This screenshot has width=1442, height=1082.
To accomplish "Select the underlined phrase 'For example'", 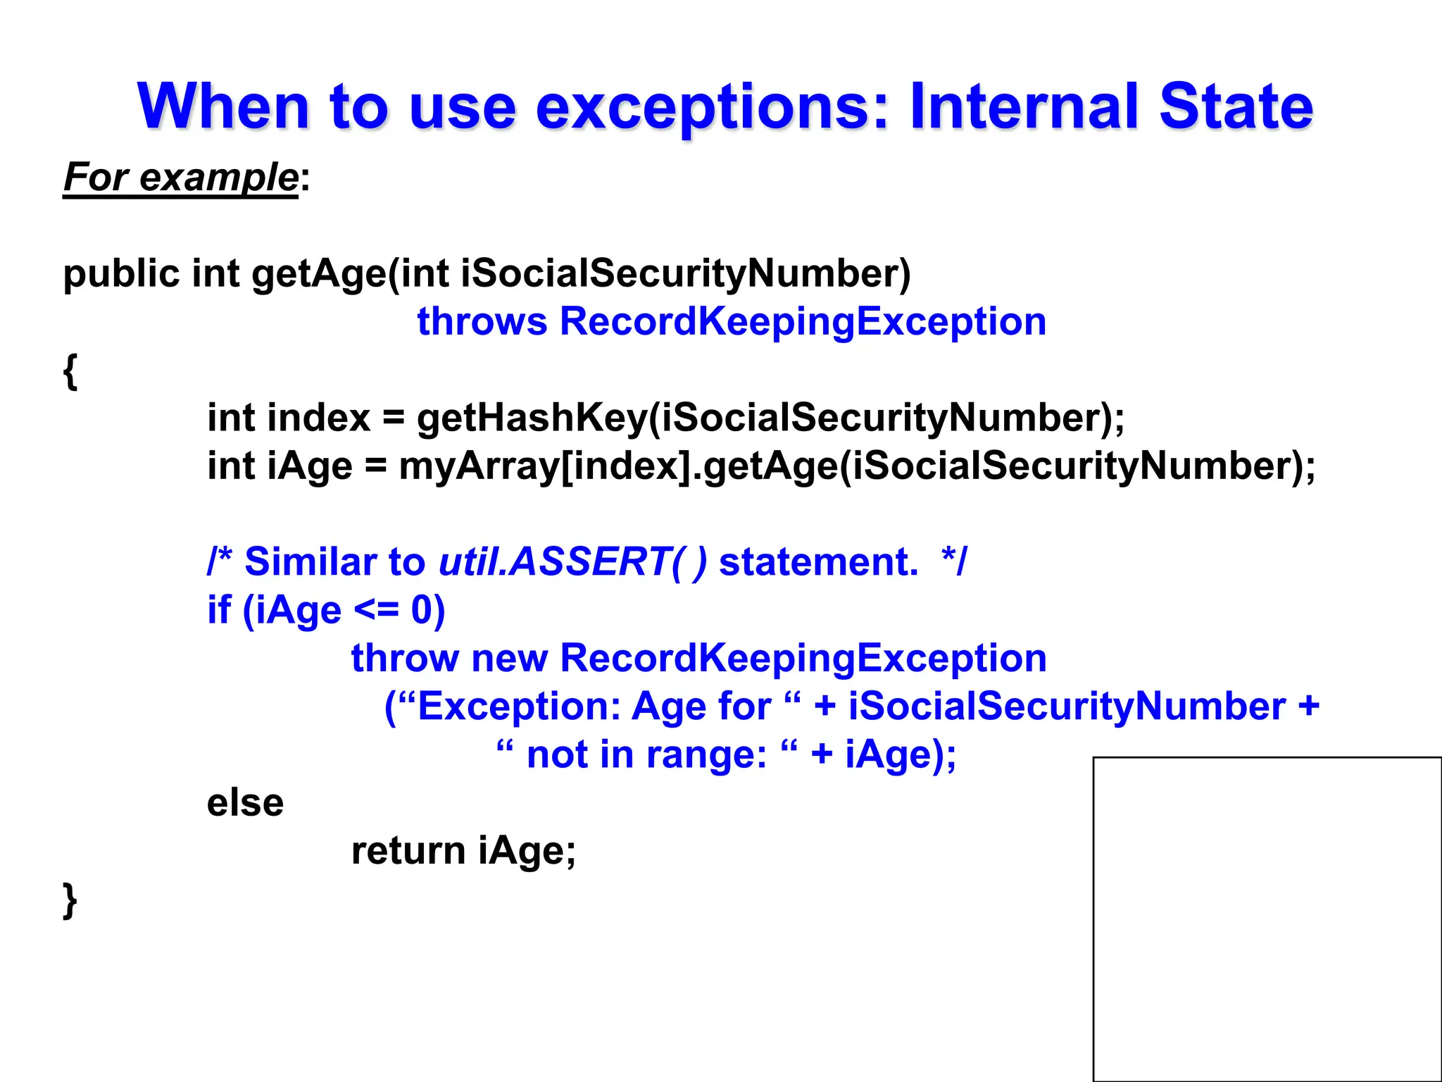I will click(x=181, y=177).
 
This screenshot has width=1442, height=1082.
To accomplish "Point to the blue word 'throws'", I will click(x=482, y=321).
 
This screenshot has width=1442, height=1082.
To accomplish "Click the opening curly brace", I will click(x=70, y=371).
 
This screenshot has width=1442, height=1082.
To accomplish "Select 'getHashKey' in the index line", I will click(x=532, y=418).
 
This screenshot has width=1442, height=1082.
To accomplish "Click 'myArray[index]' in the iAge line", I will click(x=545, y=466).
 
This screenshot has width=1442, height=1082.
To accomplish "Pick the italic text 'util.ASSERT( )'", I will click(x=572, y=562).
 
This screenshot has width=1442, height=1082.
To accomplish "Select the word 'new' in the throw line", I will click(x=509, y=658).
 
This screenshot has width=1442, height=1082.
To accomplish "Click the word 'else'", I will click(x=245, y=802).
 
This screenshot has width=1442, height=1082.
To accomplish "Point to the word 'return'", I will click(x=408, y=850).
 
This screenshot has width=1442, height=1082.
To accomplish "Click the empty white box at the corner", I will click(x=1267, y=919).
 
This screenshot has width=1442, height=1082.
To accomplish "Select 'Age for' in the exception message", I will click(x=701, y=707).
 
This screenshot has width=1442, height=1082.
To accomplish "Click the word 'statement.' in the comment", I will click(x=818, y=562).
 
